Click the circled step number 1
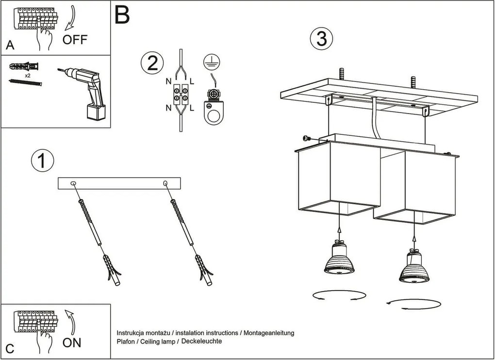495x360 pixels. coord(42,161)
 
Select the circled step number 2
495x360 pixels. coord(150,63)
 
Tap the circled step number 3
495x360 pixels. coord(321,39)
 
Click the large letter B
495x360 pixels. coord(122,16)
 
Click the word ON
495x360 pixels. coord(72,343)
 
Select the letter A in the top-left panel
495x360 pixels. coord(10,46)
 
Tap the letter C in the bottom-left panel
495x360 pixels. coord(10,348)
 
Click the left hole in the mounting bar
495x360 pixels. coord(73,183)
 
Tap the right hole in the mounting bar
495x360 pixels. coord(165,183)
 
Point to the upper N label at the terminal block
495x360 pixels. coord(168,82)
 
